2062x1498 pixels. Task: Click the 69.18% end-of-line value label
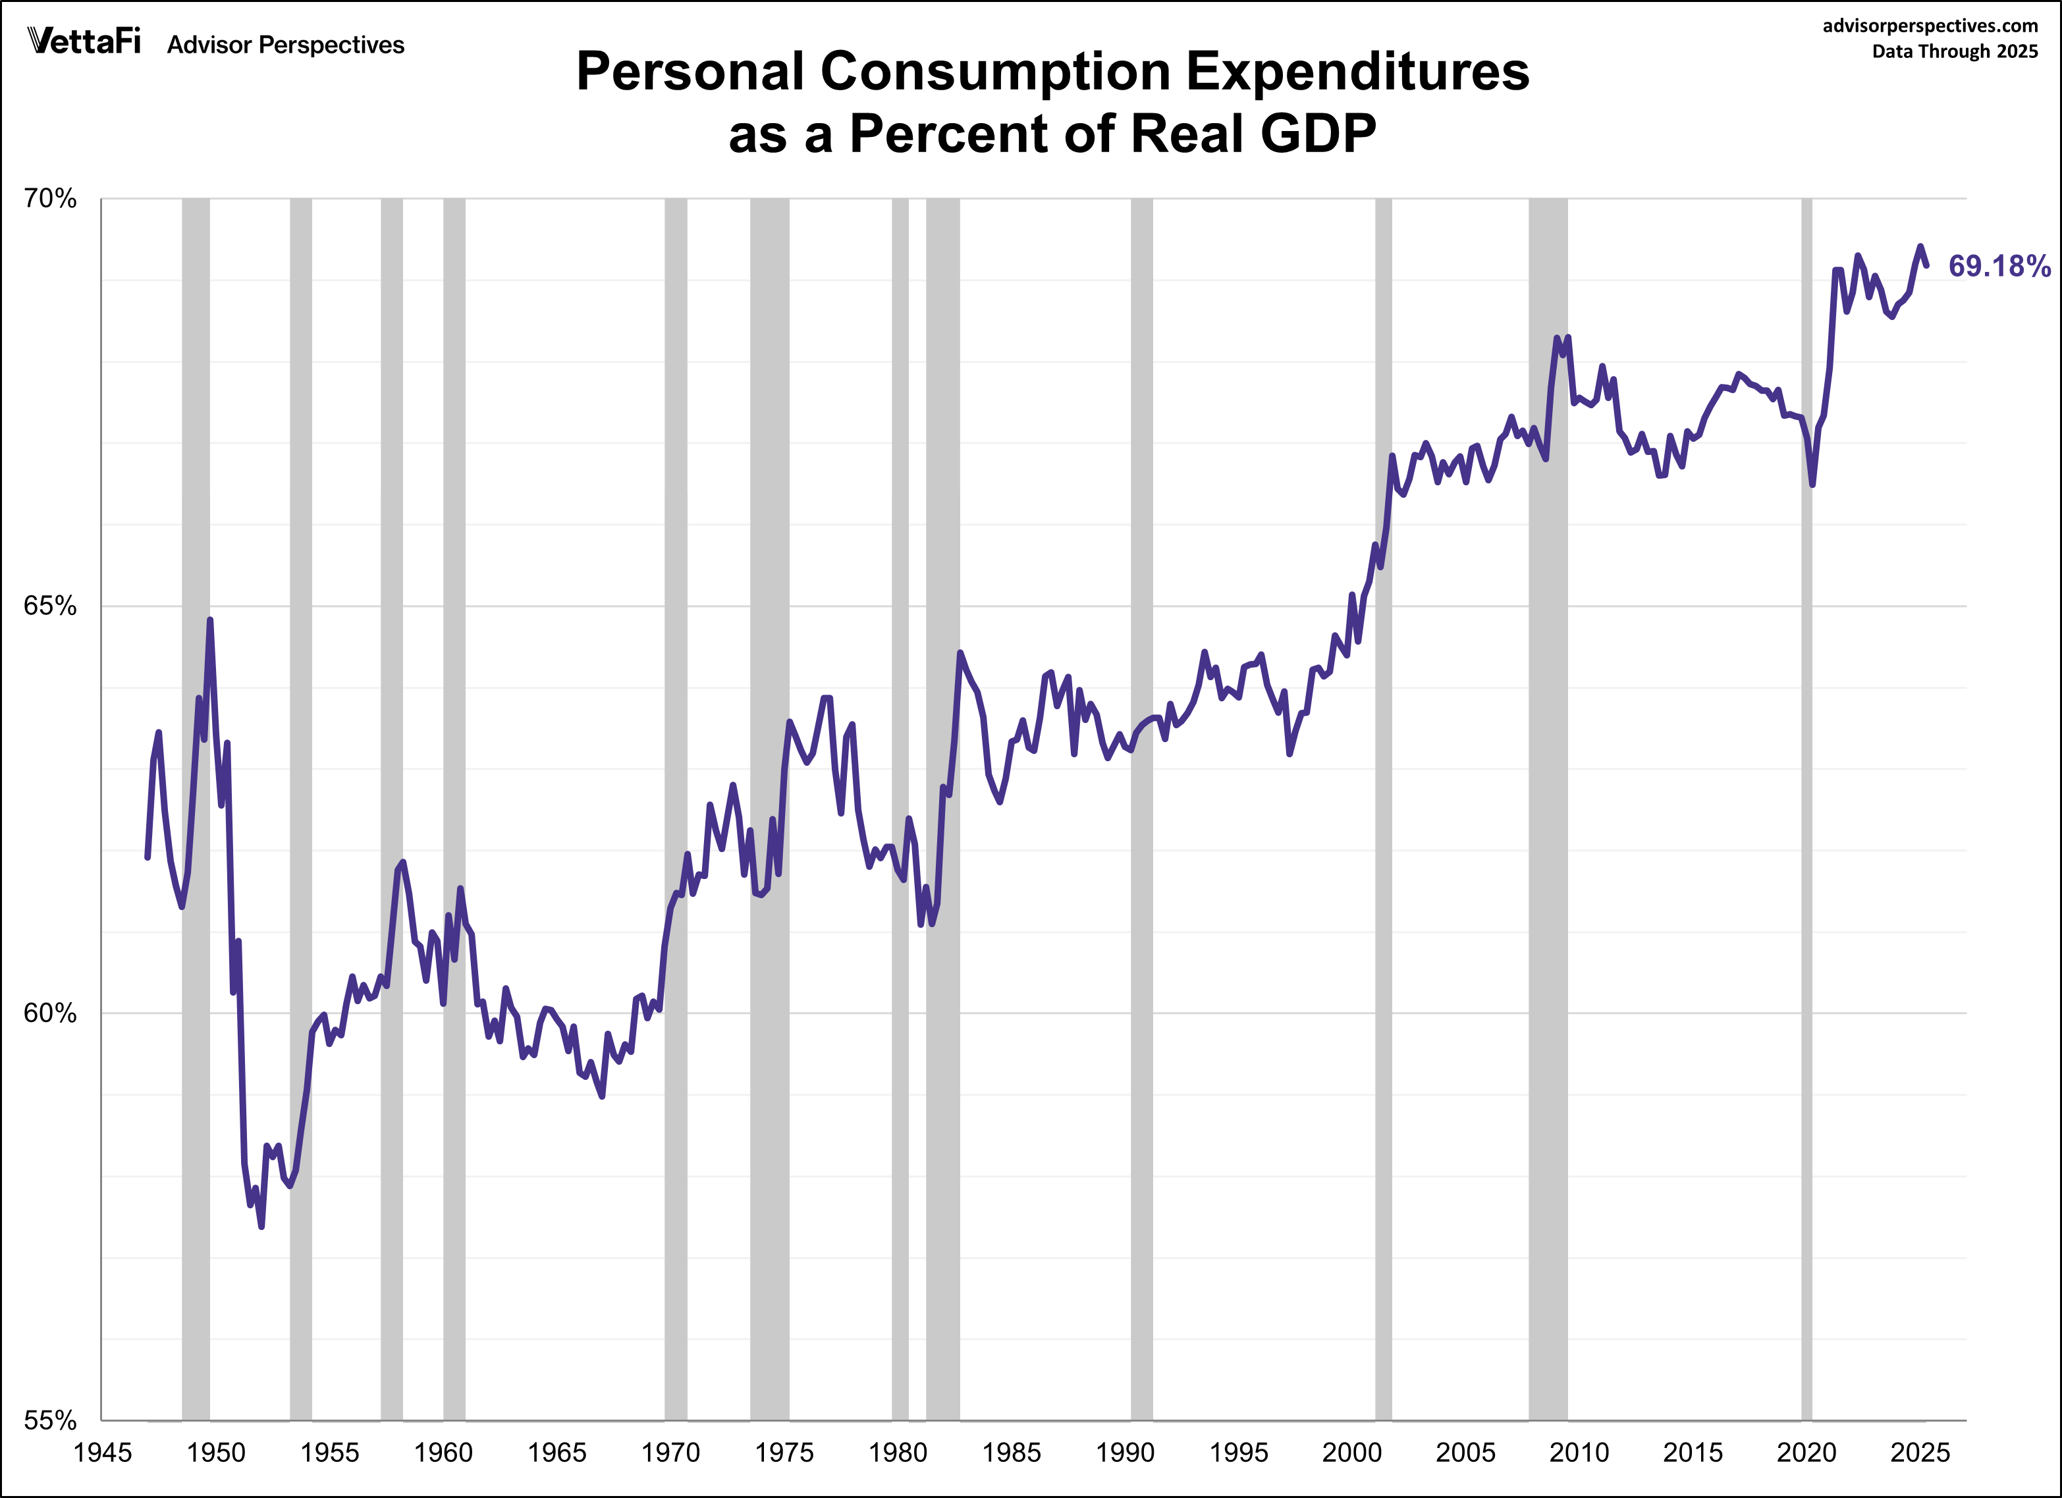1998,266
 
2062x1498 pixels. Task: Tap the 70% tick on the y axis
50,198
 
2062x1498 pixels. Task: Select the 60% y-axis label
50,1013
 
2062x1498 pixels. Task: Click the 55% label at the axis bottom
50,1420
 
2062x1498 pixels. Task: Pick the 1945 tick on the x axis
103,1453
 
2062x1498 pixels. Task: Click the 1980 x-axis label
898,1453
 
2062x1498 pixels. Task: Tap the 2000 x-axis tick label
1352,1453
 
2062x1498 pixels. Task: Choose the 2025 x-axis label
1920,1453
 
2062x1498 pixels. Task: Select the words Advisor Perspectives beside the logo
285,45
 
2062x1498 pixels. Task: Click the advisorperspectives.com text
1929,26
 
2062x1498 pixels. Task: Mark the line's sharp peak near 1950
210,621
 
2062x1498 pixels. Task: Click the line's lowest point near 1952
261,1226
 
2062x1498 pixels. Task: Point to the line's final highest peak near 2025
1920,246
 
